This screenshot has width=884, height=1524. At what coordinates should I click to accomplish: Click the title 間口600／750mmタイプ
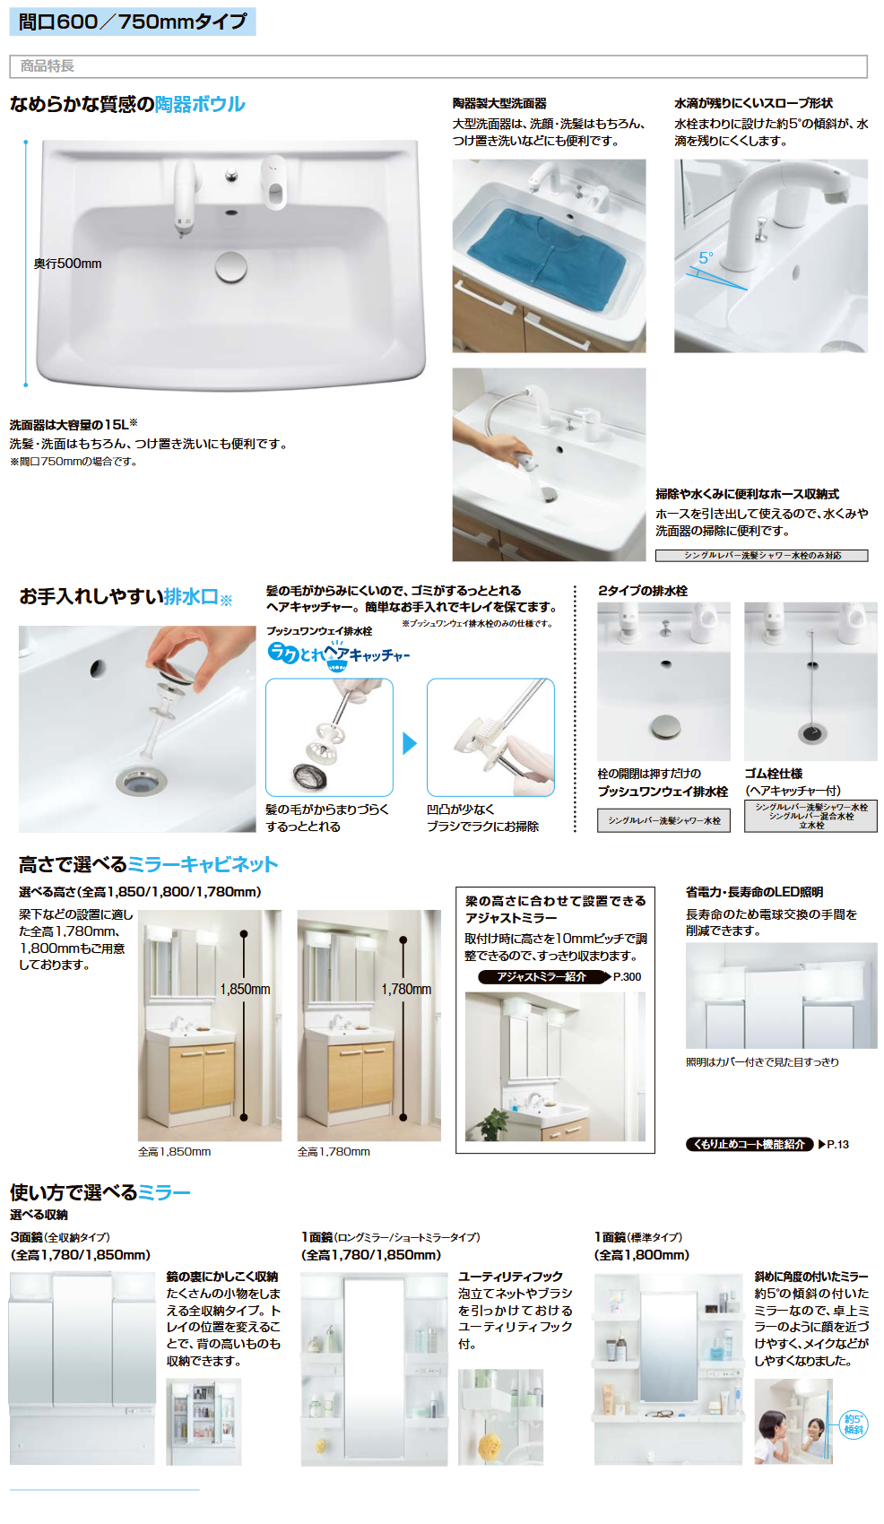pos(133,22)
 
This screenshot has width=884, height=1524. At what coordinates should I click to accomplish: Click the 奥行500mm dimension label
pos(68,264)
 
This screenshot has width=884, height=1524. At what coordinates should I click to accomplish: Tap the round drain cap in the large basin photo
pos(231,265)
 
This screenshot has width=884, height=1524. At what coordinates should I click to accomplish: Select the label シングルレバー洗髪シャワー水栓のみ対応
pos(761,556)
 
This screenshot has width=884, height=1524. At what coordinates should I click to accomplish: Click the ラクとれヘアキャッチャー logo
pos(338,654)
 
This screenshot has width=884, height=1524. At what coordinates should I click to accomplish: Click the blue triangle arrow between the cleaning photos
pos(410,743)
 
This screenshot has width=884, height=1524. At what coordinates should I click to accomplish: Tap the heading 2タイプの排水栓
pos(643,591)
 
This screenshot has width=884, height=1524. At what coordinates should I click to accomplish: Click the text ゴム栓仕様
pos(773,774)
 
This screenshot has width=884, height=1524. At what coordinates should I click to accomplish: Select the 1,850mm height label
pos(245,989)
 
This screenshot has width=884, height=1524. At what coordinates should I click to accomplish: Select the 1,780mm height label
pos(406,989)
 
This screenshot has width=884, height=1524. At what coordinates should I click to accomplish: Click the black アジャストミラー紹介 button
pos(542,977)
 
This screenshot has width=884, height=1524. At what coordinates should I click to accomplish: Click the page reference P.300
pos(627,977)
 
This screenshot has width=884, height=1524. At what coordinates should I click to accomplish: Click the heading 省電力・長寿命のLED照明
pos(754,892)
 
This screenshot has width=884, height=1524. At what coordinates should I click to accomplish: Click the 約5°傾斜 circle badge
pos(853,1424)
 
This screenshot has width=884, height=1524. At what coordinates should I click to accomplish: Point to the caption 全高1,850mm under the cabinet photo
pos(174,1152)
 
